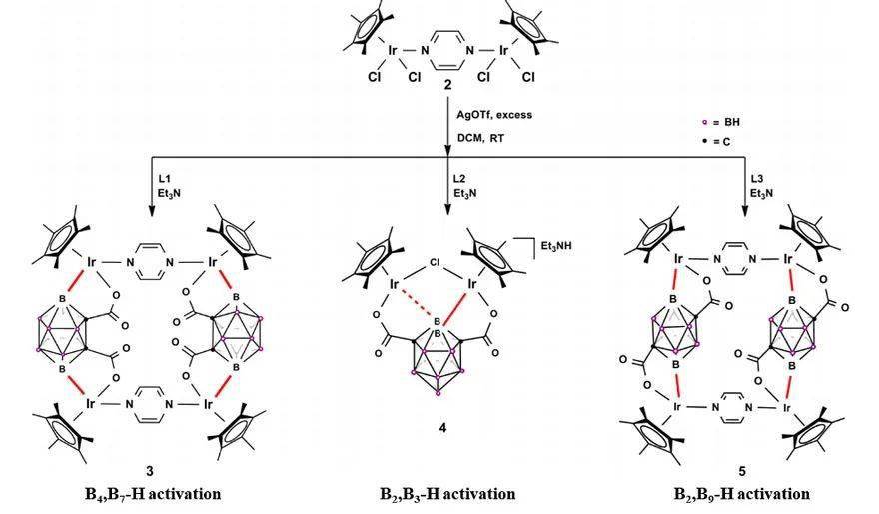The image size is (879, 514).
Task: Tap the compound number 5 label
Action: [741, 469]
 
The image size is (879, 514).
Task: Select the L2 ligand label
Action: [460, 176]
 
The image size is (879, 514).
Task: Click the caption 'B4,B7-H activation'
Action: [152, 494]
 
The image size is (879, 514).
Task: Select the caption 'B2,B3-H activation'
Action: [447, 494]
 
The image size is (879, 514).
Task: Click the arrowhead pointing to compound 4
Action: [448, 208]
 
